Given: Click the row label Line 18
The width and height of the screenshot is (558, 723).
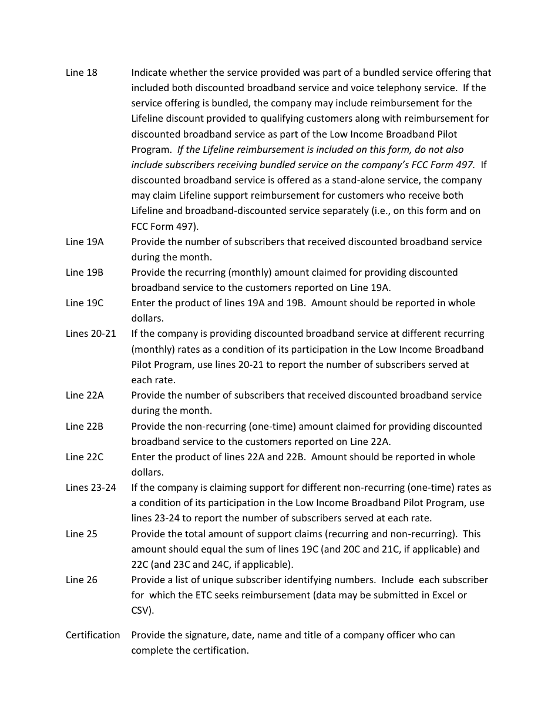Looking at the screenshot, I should pyautogui.click(x=82, y=73).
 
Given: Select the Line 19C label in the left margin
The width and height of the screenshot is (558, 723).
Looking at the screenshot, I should pyautogui.click(x=85, y=303).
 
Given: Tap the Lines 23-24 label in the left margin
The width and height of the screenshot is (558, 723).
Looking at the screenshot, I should pyautogui.click(x=91, y=487).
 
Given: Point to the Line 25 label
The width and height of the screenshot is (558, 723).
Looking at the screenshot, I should pyautogui.click(x=82, y=534).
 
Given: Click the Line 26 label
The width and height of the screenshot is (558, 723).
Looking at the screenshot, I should pyautogui.click(x=82, y=580).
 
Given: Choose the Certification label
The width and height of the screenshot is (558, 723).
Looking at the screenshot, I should pyautogui.click(x=93, y=635).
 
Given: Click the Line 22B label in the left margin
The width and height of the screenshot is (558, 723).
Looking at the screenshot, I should pyautogui.click(x=85, y=426).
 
